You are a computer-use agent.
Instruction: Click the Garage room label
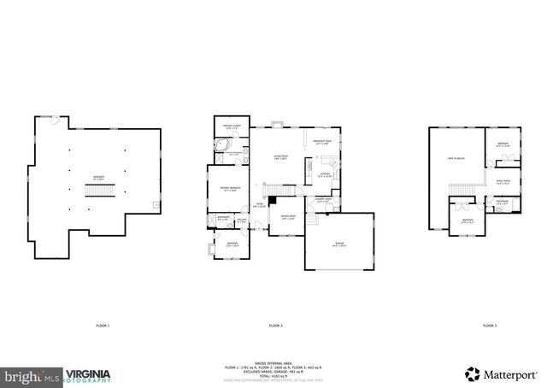[339, 245]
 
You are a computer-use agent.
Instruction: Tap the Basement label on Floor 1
[99, 179]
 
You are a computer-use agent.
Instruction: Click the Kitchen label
[325, 176]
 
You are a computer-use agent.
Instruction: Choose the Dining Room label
[287, 218]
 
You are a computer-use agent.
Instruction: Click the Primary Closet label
[228, 127]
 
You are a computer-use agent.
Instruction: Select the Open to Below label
[456, 160]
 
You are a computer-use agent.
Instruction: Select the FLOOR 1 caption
[103, 326]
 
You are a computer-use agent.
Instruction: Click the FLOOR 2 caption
[275, 326]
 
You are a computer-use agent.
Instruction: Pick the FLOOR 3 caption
[489, 326]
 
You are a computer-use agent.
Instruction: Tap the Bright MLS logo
[32, 375]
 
